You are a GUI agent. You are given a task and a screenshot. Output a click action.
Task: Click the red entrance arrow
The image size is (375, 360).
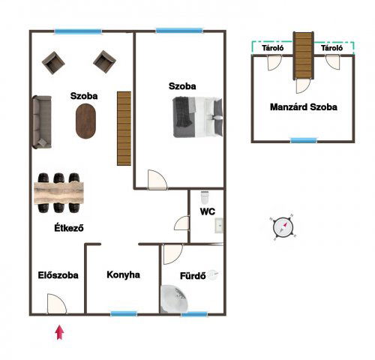(x=59, y=332)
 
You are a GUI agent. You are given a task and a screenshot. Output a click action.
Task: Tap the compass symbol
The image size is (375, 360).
(x=283, y=227)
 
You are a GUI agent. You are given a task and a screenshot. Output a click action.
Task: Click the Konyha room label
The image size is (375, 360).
(x=123, y=274)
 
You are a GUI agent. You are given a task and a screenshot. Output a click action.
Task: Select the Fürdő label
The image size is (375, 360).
(x=193, y=276)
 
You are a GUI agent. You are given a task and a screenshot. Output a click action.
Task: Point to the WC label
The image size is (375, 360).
(x=208, y=211)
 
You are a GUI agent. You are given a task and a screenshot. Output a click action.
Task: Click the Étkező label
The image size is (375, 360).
(x=69, y=228)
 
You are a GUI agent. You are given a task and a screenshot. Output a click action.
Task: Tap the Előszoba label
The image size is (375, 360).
(x=58, y=275)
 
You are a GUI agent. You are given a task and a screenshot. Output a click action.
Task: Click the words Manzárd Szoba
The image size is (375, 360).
(x=304, y=107)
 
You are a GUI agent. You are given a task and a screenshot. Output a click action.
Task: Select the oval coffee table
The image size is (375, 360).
(x=85, y=121)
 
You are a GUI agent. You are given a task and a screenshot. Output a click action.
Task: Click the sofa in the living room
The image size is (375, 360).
(x=42, y=122)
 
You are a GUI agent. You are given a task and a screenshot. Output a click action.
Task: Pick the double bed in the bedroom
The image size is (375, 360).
(x=197, y=117)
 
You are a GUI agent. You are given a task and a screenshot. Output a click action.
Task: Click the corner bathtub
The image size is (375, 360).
(x=173, y=298)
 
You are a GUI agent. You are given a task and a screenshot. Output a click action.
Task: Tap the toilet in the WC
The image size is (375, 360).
(x=205, y=197)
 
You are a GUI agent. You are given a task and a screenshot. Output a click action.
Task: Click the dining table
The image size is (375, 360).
(x=58, y=193)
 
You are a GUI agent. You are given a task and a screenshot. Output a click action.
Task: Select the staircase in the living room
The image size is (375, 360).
(x=124, y=128)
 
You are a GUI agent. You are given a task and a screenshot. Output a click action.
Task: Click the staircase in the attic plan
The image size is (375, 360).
(x=304, y=55)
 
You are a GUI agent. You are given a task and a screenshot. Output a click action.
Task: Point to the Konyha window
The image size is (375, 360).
(x=124, y=313)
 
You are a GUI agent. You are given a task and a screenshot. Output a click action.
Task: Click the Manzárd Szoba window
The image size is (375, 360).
(x=304, y=140)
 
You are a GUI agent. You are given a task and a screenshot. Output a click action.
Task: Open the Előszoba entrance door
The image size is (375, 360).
(x=57, y=304)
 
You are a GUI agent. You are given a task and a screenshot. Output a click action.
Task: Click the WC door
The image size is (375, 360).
(x=181, y=223)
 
